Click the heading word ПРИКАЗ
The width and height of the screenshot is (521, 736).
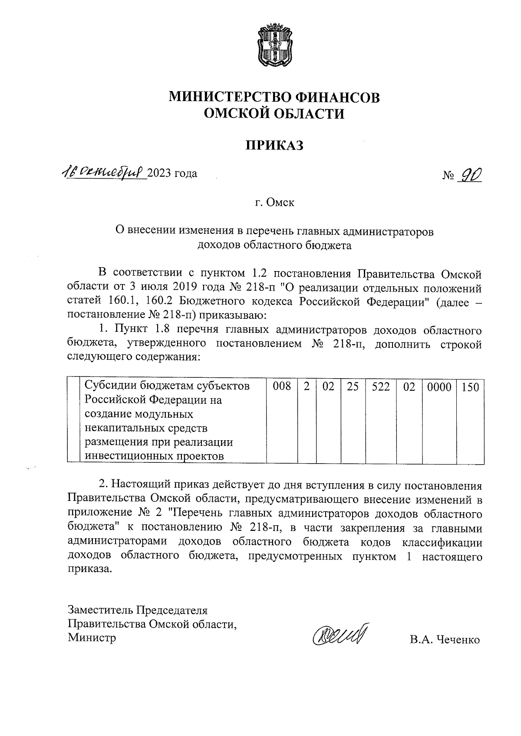coord(274,145)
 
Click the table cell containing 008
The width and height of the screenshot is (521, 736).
coord(282,386)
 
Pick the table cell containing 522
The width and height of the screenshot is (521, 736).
coord(381,386)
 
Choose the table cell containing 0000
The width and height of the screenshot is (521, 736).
coord(439,386)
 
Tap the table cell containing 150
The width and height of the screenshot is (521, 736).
coord(470,386)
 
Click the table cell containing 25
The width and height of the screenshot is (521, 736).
coord(353,386)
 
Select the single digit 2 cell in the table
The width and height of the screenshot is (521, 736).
coord(307,386)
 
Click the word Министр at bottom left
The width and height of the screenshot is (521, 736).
coord(92,638)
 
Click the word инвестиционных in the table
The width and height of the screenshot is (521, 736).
coord(126,456)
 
